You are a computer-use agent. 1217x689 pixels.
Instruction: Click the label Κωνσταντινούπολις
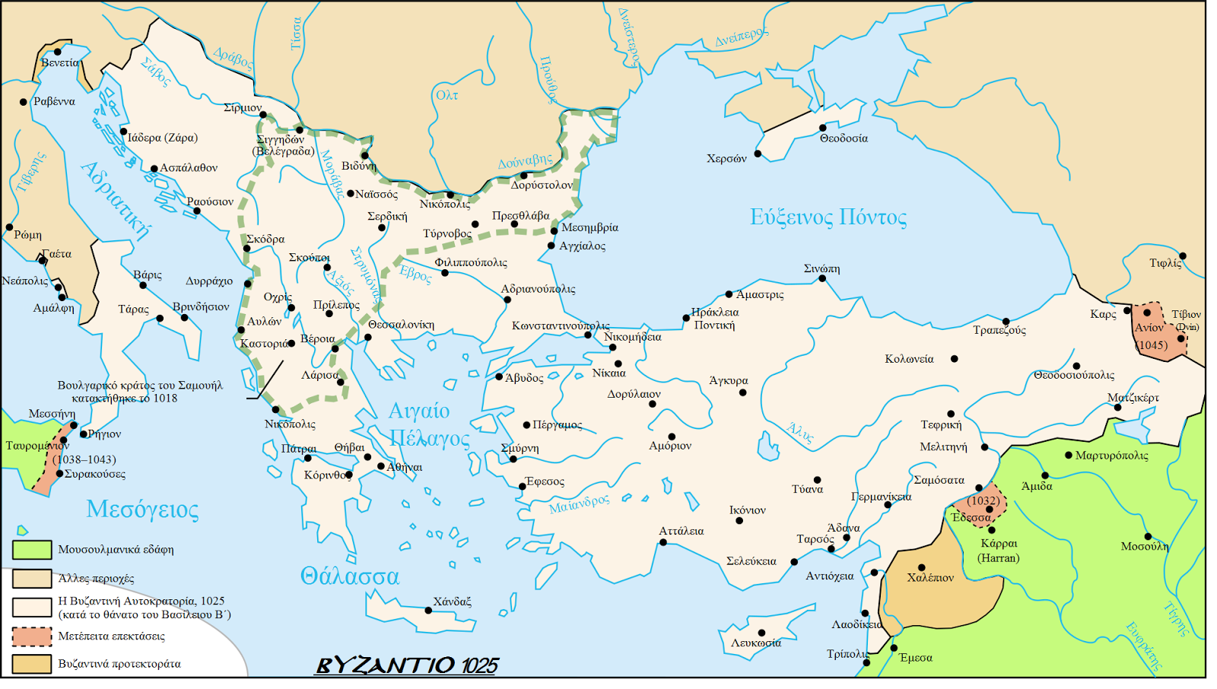tap(560, 325)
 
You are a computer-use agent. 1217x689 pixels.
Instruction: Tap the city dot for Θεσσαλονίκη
tap(368, 337)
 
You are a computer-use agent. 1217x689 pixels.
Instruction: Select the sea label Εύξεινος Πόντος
tap(828, 217)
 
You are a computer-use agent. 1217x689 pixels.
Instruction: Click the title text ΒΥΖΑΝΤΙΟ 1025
tap(406, 665)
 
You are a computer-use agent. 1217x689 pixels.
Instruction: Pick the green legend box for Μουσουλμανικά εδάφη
tap(32, 549)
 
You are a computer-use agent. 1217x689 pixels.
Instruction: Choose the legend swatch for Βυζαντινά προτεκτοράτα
tap(32, 664)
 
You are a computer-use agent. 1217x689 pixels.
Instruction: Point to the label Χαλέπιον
tap(930, 578)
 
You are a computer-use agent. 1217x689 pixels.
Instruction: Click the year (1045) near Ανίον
tap(1152, 344)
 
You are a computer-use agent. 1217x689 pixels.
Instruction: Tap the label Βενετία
tap(59, 63)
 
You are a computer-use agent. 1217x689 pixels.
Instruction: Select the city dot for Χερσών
tap(758, 154)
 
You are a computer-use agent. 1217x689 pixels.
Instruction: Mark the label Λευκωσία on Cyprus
tap(755, 643)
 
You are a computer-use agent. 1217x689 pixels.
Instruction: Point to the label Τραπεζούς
tap(999, 331)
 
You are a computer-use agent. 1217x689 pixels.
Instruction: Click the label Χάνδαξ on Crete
tap(452, 602)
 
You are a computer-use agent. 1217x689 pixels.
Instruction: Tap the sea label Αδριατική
tap(116, 200)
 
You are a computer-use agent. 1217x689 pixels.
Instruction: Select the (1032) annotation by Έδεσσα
tap(983, 500)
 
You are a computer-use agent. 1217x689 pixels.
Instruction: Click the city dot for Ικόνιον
tap(739, 521)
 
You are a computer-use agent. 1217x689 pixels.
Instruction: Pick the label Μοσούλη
tap(1144, 547)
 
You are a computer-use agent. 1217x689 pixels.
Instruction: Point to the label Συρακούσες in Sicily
tap(94, 474)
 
